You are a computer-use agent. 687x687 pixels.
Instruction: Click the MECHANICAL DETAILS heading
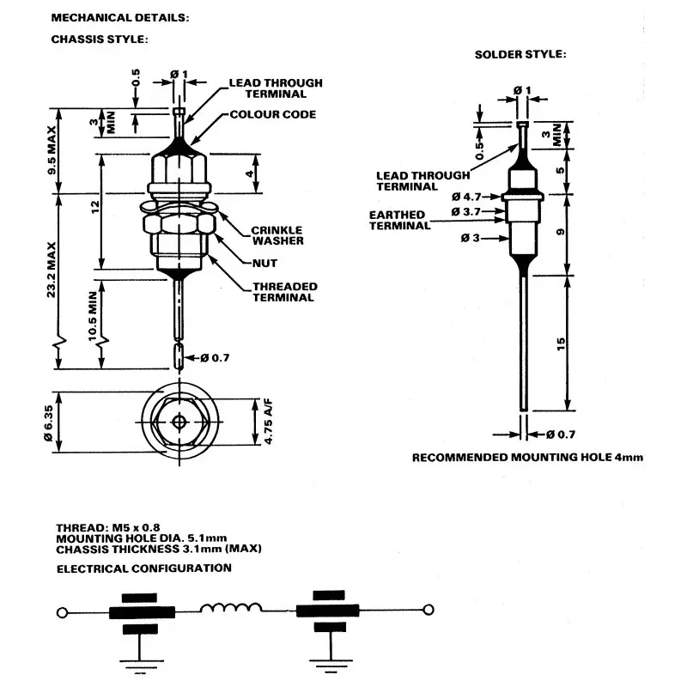pyautogui.click(x=119, y=17)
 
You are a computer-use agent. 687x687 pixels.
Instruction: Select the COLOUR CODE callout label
pyautogui.click(x=272, y=114)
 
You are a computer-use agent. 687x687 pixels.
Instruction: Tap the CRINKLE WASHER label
pyautogui.click(x=276, y=235)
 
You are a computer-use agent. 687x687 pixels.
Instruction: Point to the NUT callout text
pyautogui.click(x=264, y=263)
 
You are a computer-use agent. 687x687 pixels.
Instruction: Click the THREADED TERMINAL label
pyautogui.click(x=284, y=292)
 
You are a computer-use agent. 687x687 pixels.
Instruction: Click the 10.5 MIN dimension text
pyautogui.click(x=94, y=316)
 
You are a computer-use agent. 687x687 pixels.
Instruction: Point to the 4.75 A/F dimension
pyautogui.click(x=268, y=421)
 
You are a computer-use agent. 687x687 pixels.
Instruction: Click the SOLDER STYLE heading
pyautogui.click(x=520, y=54)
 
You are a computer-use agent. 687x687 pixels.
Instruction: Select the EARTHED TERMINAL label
pyautogui.click(x=398, y=220)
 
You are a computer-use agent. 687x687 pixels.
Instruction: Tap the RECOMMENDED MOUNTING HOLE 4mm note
pyautogui.click(x=527, y=458)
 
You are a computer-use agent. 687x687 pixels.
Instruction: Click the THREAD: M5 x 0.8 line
pyautogui.click(x=108, y=527)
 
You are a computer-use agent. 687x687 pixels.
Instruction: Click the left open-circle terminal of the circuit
pyautogui.click(x=60, y=612)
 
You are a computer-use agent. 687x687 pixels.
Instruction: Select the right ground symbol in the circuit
pyautogui.click(x=325, y=663)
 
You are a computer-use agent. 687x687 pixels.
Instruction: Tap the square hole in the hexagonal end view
pyautogui.click(x=179, y=421)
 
